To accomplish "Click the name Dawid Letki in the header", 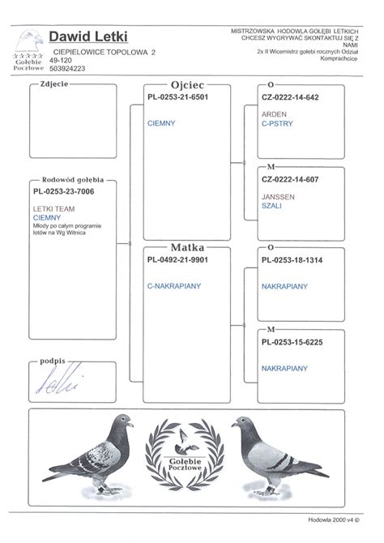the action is click(x=83, y=36).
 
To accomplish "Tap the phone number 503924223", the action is click(x=67, y=68).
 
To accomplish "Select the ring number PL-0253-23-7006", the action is click(x=64, y=192).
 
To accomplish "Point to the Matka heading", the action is click(x=187, y=246).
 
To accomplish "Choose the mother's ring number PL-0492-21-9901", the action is click(x=178, y=259).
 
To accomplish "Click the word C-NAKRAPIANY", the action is click(x=174, y=285).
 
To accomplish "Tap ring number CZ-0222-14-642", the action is click(x=289, y=96).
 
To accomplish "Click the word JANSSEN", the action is click(x=278, y=197).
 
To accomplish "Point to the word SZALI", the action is click(x=272, y=206).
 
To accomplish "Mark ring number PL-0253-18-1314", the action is click(x=292, y=259).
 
